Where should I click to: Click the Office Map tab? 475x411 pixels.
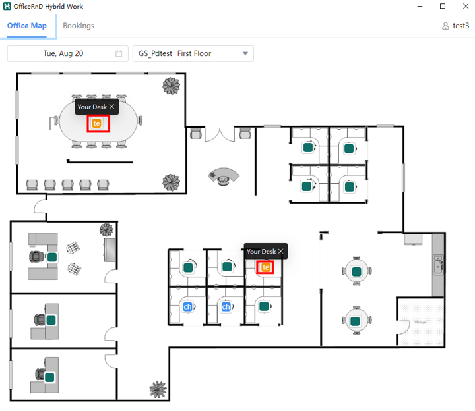pos(27,26)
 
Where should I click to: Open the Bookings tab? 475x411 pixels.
pos(79,26)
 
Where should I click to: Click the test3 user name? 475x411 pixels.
pos(460,26)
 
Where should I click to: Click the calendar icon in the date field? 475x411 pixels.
pos(119,53)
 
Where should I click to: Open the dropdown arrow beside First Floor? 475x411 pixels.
pos(245,53)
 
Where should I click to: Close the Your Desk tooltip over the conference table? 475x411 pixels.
pos(111,107)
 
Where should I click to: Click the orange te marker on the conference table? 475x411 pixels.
pos(96,123)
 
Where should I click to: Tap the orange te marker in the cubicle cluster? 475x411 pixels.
pos(265,267)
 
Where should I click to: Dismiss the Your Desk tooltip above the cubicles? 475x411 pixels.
pos(281,251)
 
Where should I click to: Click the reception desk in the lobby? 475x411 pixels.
pos(224,177)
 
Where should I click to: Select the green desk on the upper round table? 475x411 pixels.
pos(356,271)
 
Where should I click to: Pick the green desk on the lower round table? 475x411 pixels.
pos(355,321)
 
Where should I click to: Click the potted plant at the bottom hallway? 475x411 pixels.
pos(158,389)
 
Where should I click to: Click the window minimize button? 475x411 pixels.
pos(420,6)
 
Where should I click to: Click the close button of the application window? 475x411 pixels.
pos(466,6)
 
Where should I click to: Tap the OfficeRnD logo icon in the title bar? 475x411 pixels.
pos(7,6)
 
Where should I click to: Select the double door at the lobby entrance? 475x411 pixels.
pos(220,135)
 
